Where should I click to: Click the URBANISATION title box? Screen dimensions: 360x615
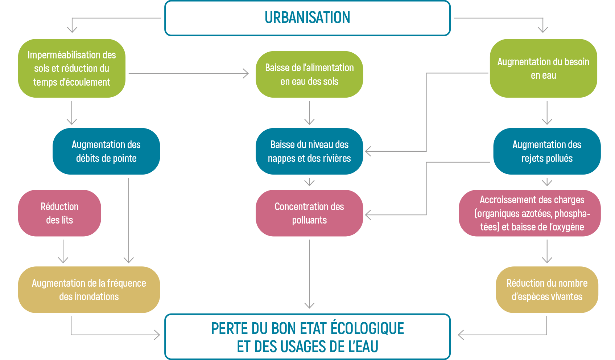point(307,18)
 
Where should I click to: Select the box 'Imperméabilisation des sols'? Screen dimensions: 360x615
point(72,68)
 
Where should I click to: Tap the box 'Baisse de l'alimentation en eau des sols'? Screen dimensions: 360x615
point(309,74)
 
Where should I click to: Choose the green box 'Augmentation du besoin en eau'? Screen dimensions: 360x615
point(543,69)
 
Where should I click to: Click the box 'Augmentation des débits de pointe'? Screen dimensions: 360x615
point(106,151)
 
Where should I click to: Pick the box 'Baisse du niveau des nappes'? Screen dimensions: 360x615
point(309,151)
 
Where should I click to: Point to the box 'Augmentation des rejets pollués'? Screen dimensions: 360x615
point(547,151)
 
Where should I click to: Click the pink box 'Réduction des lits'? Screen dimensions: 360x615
point(59,213)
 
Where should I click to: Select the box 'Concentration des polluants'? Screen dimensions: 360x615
point(309,213)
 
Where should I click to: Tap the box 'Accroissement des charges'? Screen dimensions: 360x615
point(532,213)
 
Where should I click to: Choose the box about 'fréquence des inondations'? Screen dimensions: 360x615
point(89,290)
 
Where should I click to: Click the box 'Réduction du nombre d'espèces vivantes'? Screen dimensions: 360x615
point(547,290)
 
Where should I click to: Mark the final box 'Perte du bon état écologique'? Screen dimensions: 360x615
point(307,337)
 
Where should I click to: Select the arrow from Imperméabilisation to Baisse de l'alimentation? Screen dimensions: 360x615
point(189,73)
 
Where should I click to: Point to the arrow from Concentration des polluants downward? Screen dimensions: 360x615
point(309,274)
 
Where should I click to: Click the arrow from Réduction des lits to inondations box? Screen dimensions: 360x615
point(63,251)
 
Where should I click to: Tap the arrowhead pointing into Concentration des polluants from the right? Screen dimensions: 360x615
point(368,215)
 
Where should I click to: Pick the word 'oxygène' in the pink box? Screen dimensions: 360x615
point(569,227)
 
